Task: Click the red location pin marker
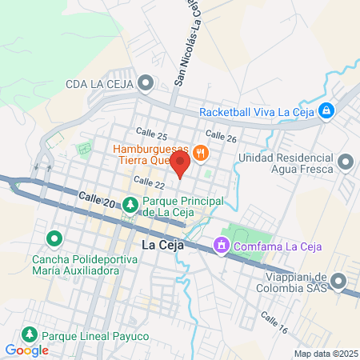coord(181,167)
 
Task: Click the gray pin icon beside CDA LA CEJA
coord(145,82)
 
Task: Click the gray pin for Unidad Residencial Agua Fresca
coord(346,162)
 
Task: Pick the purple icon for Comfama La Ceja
coord(221,245)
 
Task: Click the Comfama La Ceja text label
coord(277,245)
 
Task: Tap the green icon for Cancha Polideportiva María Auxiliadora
coord(54,238)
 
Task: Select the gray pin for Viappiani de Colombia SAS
coord(339,281)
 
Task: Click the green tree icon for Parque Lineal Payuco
coord(30,334)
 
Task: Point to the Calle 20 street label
coord(97,201)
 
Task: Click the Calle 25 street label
coord(151,135)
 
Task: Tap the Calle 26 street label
coord(222,137)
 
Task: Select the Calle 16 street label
coord(274,322)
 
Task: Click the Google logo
coord(26,350)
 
